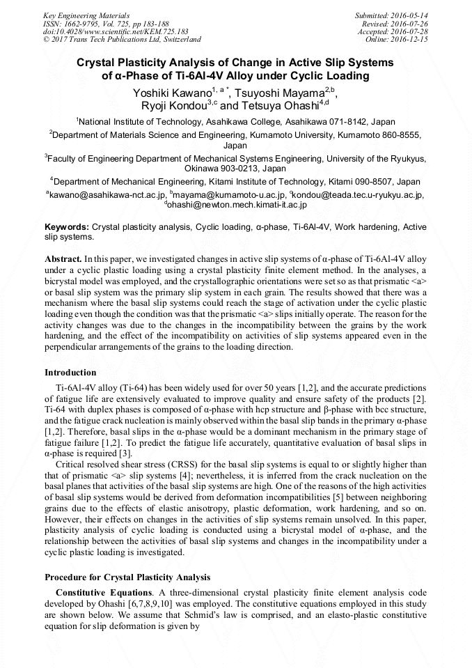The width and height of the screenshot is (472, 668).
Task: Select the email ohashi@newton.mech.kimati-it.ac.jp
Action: pyautogui.click(x=237, y=205)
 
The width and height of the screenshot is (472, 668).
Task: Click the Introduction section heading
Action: pyautogui.click(x=70, y=373)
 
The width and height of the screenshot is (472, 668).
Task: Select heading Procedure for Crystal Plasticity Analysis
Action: pyautogui.click(x=127, y=577)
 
